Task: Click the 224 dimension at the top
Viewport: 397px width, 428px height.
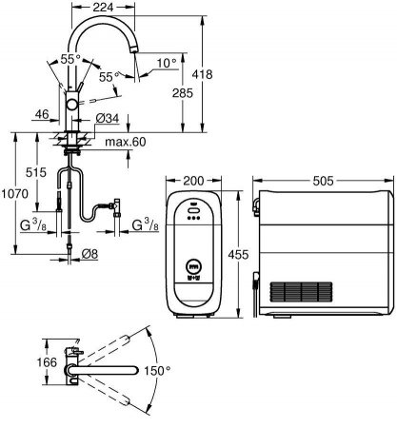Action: click(103, 8)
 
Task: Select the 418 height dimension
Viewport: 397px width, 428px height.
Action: click(202, 74)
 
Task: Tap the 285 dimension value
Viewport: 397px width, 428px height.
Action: click(183, 93)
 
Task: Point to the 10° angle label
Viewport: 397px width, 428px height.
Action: click(167, 64)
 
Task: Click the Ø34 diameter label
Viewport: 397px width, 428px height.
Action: click(108, 119)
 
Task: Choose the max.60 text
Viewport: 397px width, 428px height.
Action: click(126, 142)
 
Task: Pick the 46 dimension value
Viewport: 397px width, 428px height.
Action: click(42, 114)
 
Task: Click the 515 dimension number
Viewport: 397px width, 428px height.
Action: click(36, 172)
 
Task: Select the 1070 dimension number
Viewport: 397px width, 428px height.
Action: click(15, 193)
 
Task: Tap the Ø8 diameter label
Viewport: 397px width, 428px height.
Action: click(89, 254)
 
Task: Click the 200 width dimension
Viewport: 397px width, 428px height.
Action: click(193, 181)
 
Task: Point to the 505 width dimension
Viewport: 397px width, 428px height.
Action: click(324, 181)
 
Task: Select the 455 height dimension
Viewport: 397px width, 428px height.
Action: click(238, 254)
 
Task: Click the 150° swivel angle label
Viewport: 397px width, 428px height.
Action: click(157, 371)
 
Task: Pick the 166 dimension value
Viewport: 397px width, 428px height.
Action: click(47, 362)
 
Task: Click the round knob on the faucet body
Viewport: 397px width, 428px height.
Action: click(71, 105)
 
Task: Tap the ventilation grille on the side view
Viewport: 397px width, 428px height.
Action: click(301, 292)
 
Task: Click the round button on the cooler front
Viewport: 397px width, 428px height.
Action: click(193, 265)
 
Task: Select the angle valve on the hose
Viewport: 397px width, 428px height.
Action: click(116, 206)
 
